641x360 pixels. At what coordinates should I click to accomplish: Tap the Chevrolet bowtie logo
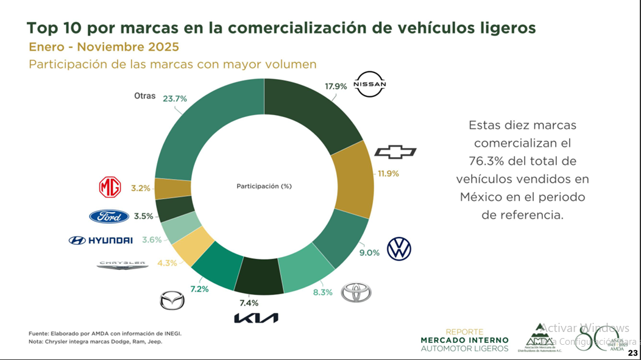click(395, 152)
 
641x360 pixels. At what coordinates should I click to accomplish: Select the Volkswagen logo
click(399, 249)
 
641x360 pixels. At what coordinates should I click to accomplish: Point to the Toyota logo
click(356, 292)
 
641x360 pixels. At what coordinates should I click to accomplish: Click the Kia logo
click(256, 318)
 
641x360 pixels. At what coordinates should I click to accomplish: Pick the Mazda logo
click(171, 300)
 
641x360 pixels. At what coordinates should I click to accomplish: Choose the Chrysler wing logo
click(122, 264)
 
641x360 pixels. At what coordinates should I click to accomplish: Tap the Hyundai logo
click(101, 241)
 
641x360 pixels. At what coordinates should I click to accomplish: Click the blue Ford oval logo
click(109, 216)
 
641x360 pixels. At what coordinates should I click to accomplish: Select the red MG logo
click(110, 188)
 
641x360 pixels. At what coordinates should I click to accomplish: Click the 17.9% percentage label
click(336, 86)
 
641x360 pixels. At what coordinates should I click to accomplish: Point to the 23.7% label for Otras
click(175, 97)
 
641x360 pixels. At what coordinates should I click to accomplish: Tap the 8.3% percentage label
click(322, 292)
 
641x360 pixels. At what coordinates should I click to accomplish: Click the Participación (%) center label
click(264, 186)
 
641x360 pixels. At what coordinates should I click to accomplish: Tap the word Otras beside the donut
click(145, 96)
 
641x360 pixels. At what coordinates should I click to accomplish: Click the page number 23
click(632, 353)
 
